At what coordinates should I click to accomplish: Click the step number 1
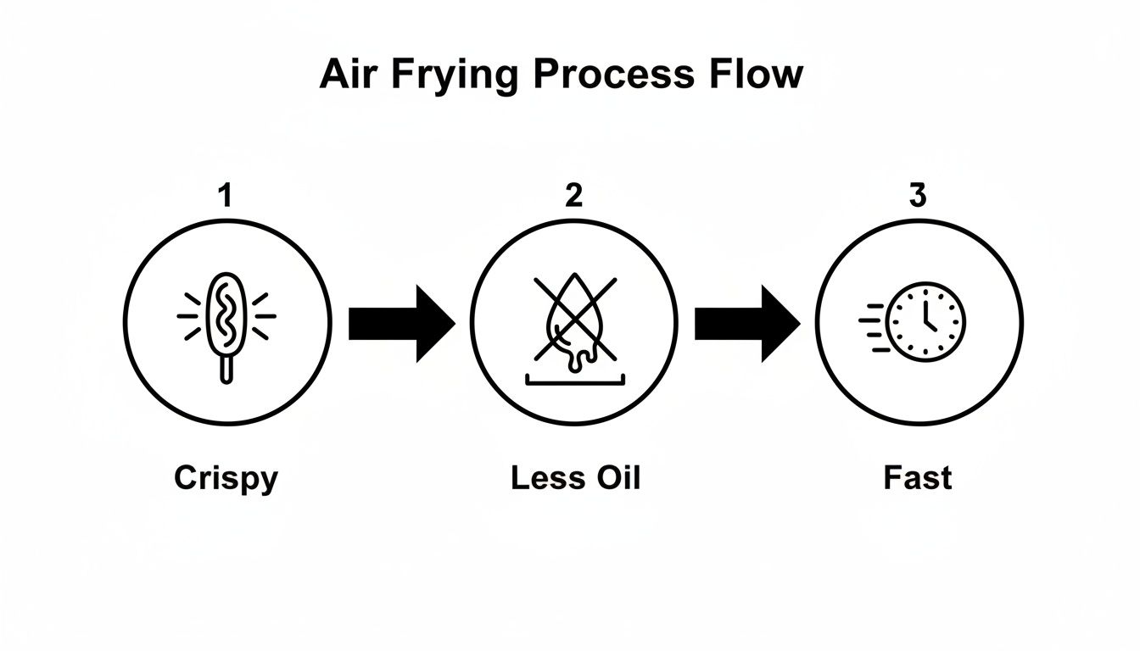[224, 197]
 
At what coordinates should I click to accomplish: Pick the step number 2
[574, 197]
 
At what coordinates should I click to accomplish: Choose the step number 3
[918, 197]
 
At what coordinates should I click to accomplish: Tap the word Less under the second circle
[544, 478]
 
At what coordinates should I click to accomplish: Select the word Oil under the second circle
[616, 478]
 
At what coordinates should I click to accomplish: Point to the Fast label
[918, 478]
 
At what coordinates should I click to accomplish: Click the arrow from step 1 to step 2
[401, 323]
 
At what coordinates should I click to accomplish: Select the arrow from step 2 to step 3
[746, 323]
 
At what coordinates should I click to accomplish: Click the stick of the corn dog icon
[226, 368]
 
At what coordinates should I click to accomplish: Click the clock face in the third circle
[925, 322]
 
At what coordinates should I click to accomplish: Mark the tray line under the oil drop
[573, 382]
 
